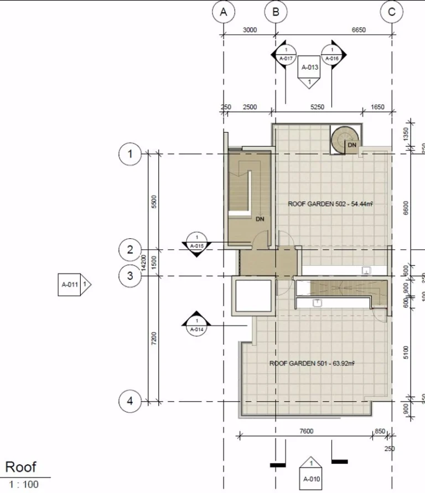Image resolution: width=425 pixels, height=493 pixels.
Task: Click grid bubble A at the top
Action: [x=224, y=12]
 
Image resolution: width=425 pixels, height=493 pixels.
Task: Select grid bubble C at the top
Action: [x=392, y=12]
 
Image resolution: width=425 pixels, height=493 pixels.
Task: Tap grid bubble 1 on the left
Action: [x=130, y=154]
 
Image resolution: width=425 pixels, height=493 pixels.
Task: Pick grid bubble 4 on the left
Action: [x=130, y=401]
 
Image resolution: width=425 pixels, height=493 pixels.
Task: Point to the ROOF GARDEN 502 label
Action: [x=330, y=204]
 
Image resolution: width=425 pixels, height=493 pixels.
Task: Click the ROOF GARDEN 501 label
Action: [x=312, y=363]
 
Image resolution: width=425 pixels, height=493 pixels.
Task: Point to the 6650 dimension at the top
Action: [x=358, y=30]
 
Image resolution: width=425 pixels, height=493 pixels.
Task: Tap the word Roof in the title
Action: [x=20, y=467]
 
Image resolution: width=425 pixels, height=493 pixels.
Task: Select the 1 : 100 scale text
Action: [x=24, y=485]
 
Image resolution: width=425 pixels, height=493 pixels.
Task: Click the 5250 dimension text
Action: [x=318, y=107]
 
